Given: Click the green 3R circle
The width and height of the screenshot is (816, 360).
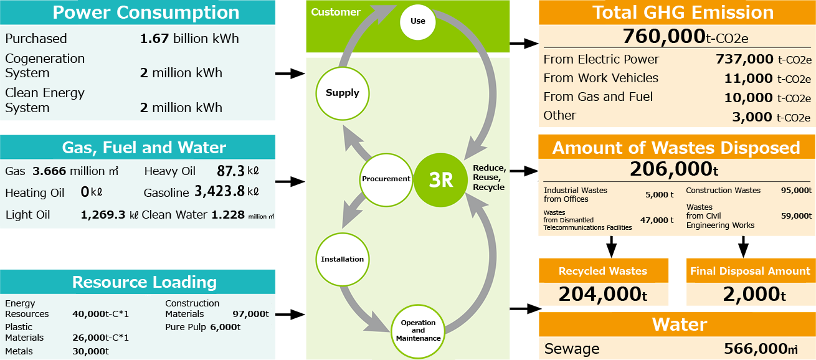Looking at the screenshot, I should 440,179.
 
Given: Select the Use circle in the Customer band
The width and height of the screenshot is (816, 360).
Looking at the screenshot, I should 418,21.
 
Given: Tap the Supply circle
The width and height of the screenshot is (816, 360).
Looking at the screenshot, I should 342,93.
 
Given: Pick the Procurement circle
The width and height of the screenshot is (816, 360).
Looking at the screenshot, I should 386,179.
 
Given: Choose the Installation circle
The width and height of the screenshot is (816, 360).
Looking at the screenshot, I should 342,259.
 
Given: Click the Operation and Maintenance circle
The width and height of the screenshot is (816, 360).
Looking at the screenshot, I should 418,331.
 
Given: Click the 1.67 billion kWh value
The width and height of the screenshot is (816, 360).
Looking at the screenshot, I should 189,39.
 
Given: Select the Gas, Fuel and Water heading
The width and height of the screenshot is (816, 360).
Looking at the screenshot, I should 143,148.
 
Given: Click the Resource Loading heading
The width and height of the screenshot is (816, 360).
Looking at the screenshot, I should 144,282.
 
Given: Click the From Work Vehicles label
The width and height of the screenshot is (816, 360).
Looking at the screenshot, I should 600,78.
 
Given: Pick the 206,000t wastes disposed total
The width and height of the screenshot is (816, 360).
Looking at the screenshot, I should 674,169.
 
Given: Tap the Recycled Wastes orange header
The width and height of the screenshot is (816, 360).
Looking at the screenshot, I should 602,271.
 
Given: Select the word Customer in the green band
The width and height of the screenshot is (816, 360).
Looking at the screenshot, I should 336,12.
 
